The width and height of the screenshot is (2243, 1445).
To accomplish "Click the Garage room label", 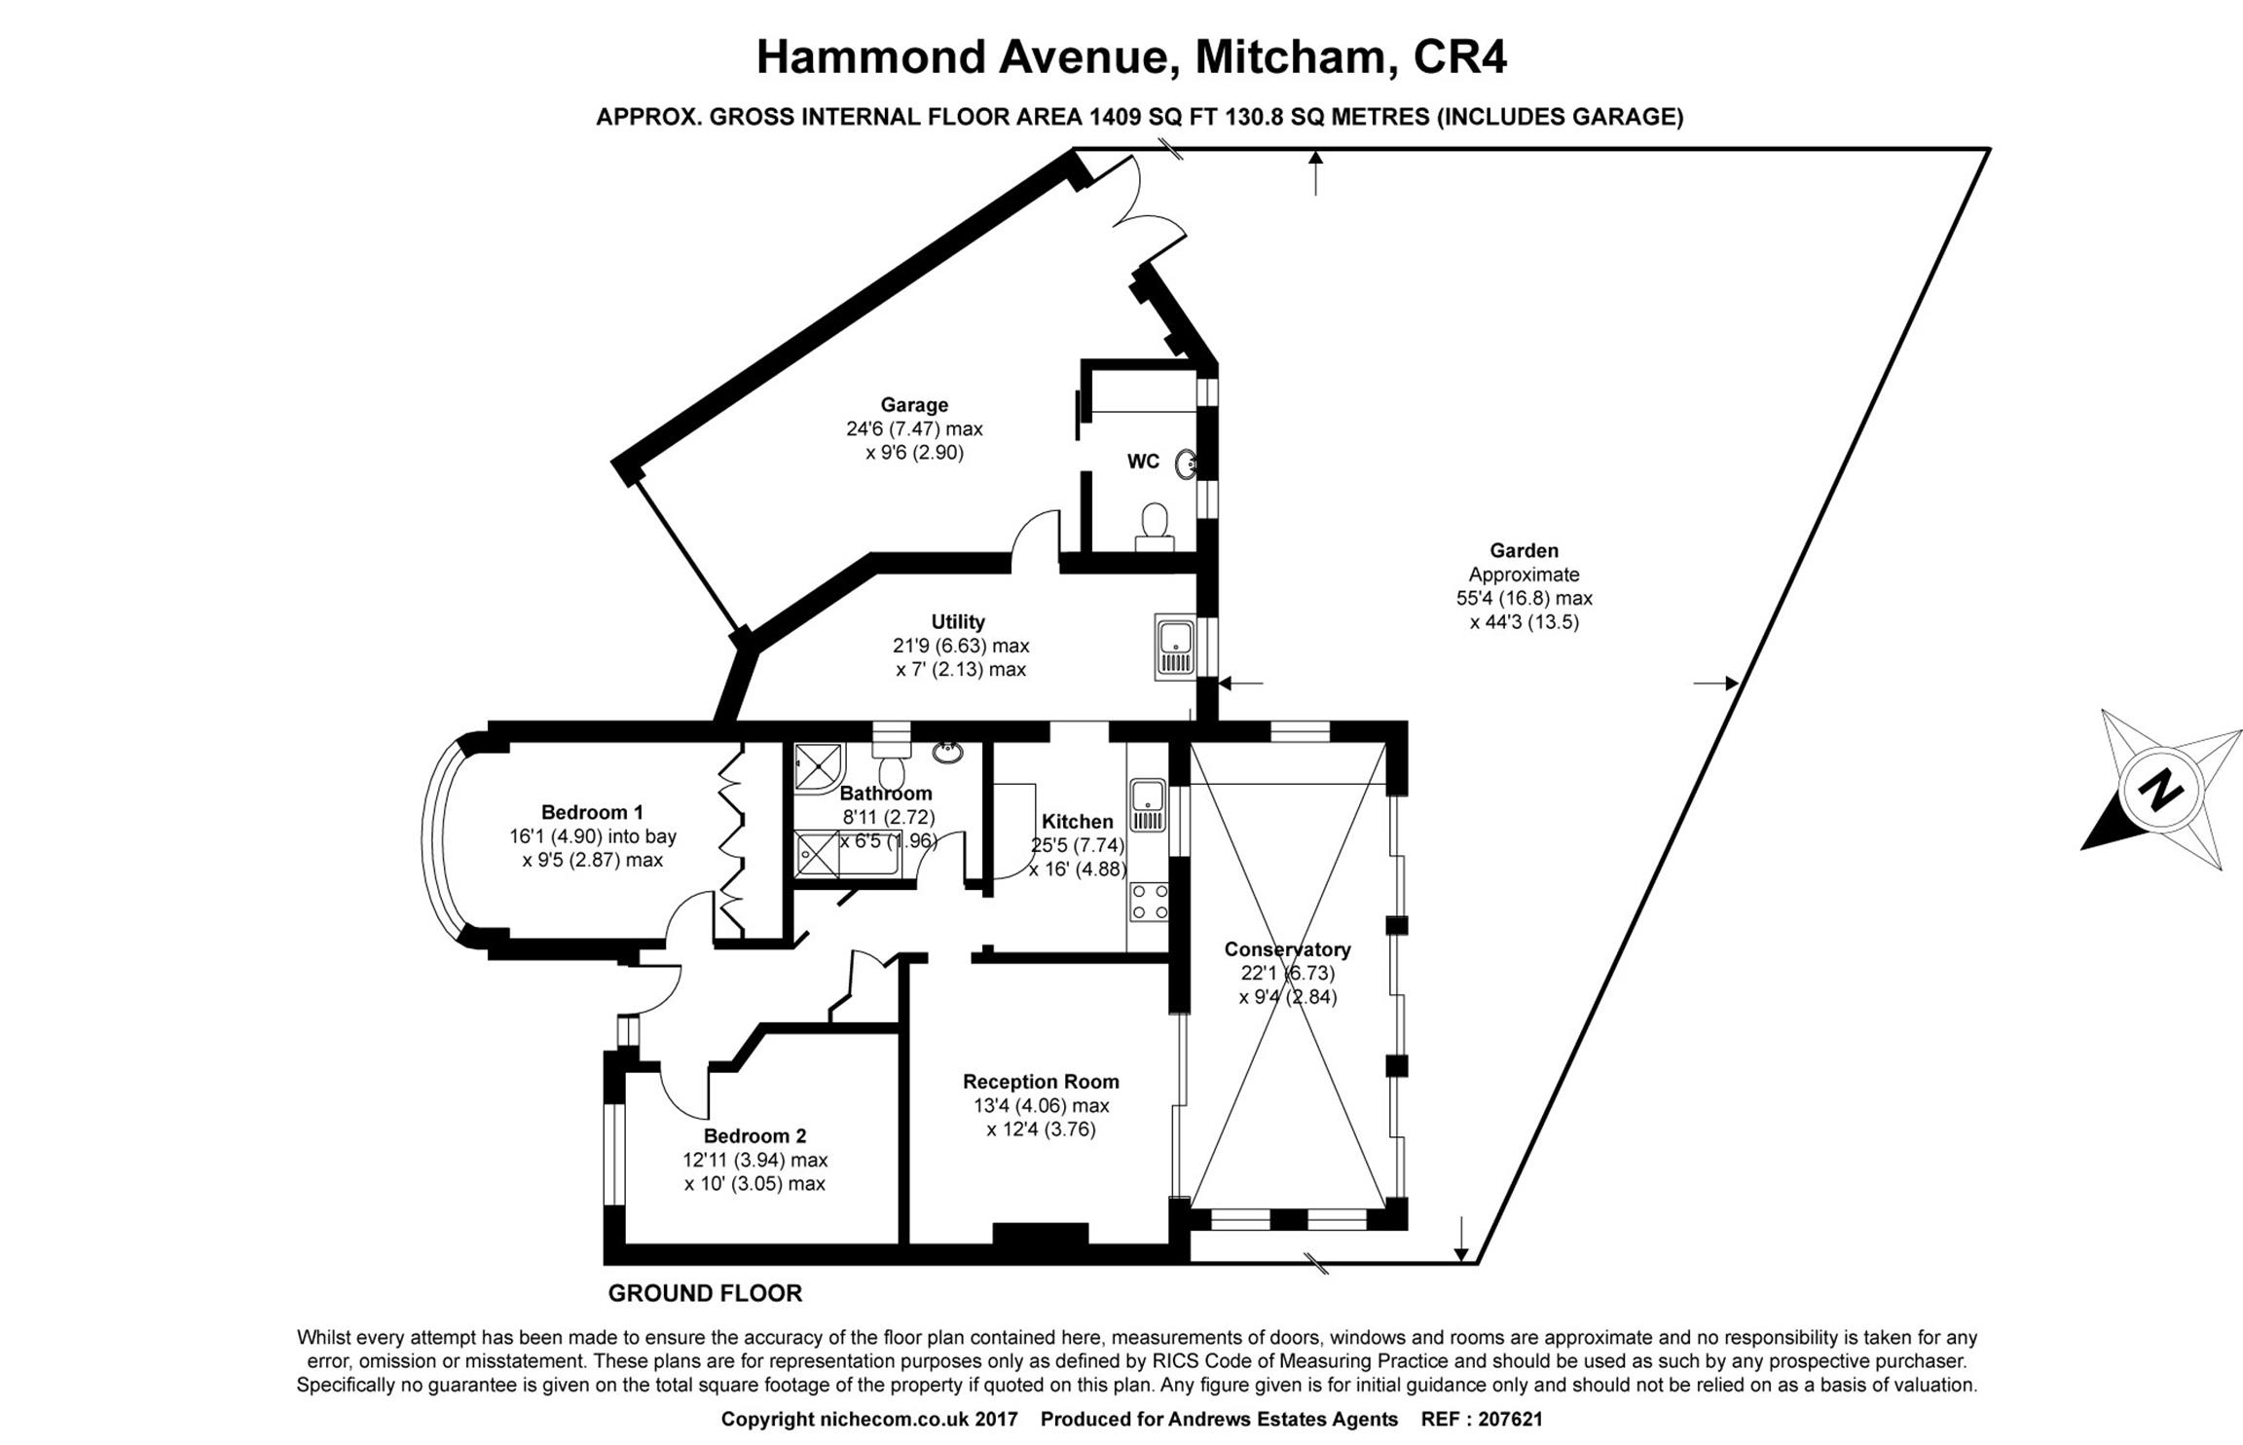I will click(913, 404).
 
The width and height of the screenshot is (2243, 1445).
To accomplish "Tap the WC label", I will click(1143, 462).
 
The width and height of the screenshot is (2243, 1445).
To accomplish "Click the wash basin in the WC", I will click(1187, 464).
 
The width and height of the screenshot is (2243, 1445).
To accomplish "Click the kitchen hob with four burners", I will click(1150, 901).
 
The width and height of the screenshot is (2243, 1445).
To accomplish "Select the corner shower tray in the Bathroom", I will click(819, 765).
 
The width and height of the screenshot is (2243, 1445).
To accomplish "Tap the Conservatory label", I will click(1287, 949).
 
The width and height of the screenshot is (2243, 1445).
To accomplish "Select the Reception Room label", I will click(1041, 1082).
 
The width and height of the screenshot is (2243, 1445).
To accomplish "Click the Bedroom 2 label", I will click(754, 1135).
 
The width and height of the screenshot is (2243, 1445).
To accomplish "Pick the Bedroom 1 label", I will click(592, 812).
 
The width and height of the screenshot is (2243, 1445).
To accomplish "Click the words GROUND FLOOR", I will click(705, 1293).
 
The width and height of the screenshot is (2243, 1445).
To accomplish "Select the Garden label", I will click(1524, 551).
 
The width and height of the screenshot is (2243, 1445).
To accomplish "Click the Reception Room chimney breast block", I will click(1040, 1234).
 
